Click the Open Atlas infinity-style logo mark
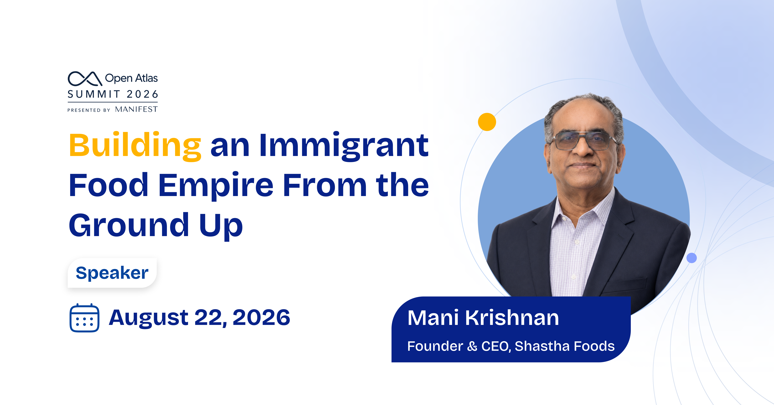point(85,78)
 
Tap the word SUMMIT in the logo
point(94,94)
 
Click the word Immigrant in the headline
point(344,146)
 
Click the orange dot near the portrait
point(487,122)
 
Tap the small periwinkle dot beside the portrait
point(692,258)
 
